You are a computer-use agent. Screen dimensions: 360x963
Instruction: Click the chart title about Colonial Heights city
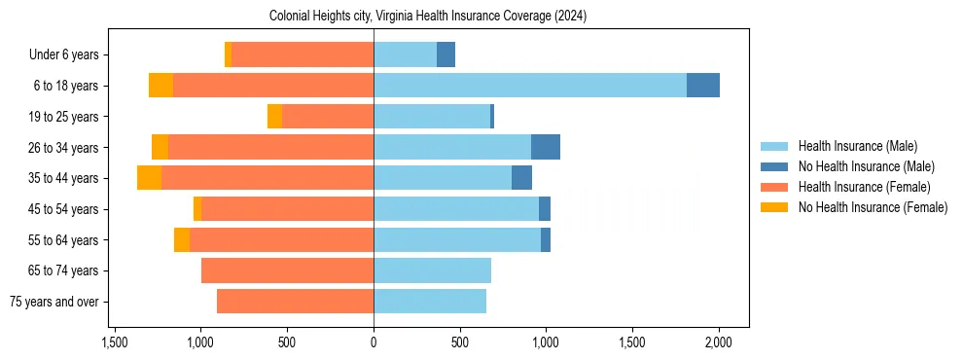(428, 17)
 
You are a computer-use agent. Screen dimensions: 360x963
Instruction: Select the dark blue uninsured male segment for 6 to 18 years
(702, 86)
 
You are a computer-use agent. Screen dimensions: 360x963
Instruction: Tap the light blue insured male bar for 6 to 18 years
(530, 86)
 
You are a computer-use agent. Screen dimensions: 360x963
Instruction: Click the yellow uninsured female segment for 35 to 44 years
(149, 178)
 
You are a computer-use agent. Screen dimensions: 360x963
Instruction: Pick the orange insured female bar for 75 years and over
(295, 302)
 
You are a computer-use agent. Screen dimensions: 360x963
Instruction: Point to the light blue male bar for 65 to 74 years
(432, 270)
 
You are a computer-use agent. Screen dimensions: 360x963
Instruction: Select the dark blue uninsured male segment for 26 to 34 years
(545, 147)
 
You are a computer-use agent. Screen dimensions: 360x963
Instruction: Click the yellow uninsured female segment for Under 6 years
(229, 54)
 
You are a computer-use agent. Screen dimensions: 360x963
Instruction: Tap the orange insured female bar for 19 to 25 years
(328, 117)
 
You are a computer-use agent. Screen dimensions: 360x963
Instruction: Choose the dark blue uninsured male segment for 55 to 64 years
(546, 239)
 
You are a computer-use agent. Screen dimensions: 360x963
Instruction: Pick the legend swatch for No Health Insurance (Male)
(774, 166)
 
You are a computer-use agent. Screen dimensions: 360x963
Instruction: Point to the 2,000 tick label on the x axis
(719, 342)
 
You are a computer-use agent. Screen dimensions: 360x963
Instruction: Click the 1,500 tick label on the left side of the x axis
(115, 342)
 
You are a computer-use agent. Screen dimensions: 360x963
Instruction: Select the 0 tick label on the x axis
(374, 342)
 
